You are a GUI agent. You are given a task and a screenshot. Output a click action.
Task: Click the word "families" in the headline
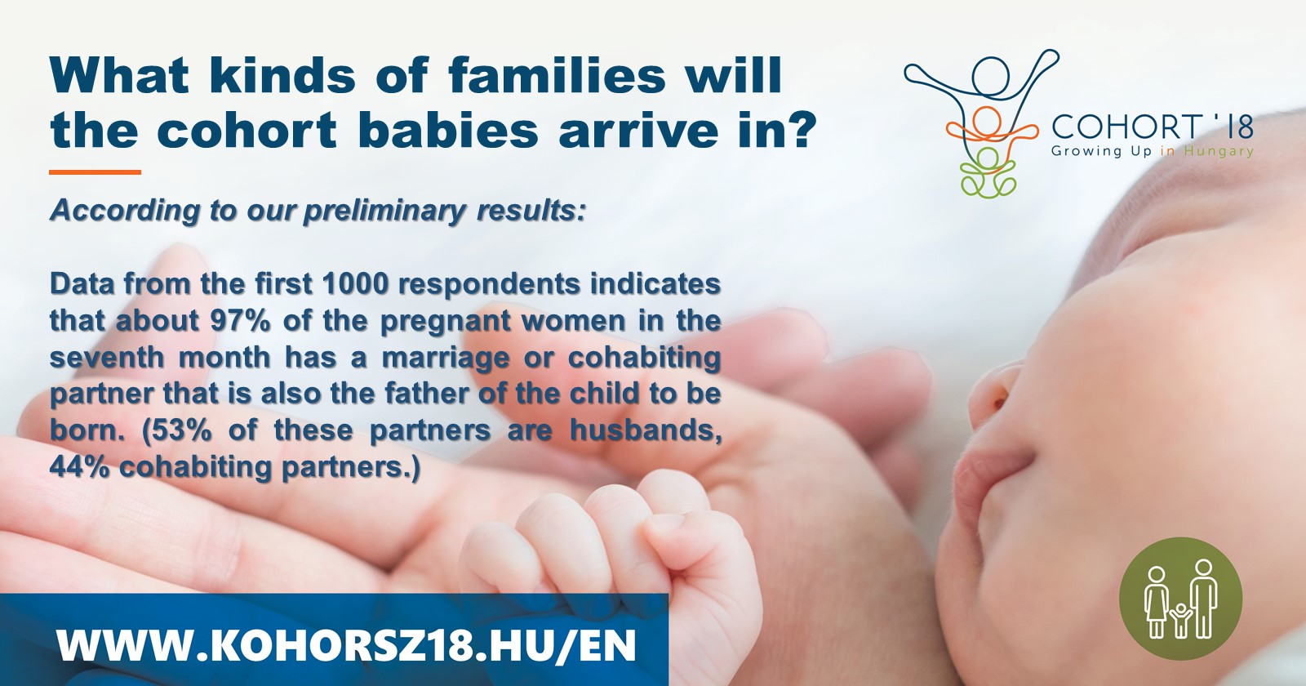(x=556, y=76)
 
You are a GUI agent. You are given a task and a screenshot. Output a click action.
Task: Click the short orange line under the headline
(x=95, y=172)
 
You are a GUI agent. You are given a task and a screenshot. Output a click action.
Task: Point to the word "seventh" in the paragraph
(x=107, y=357)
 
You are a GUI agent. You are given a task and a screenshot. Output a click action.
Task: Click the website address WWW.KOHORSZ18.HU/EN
(x=346, y=645)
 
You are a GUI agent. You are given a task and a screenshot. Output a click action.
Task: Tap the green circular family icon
(x=1180, y=599)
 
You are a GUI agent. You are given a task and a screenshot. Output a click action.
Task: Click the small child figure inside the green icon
(x=1180, y=620)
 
